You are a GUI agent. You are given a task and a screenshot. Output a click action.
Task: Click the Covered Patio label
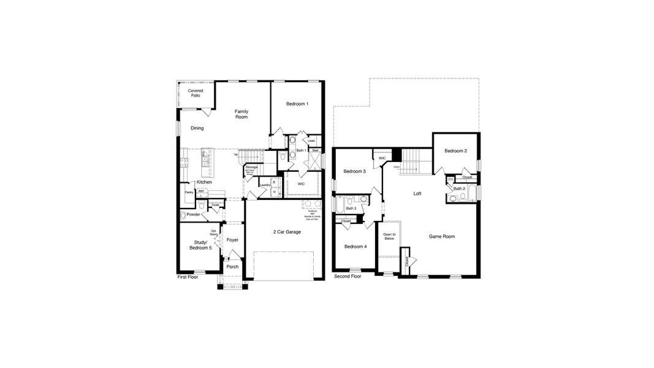pos(196,93)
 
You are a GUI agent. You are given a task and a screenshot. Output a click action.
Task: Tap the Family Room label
pos(241,114)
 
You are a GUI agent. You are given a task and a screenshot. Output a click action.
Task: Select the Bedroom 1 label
pos(297,104)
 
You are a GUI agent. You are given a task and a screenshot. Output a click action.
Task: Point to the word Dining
pos(197,128)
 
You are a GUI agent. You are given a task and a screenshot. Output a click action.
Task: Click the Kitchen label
pos(204,182)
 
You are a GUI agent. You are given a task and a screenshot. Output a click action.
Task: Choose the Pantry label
pos(189,193)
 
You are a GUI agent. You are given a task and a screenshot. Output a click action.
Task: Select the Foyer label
pos(232,240)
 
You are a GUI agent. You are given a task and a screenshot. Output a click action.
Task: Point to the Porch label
pos(232,267)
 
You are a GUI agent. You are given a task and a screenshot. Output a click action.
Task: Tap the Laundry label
pos(265,185)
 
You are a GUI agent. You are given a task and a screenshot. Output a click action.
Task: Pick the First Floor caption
pos(188,277)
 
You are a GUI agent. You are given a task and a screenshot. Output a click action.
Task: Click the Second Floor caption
pos(348,277)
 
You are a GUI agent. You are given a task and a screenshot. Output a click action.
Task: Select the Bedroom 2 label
pos(456,151)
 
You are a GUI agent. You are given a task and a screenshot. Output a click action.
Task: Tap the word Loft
pos(417,193)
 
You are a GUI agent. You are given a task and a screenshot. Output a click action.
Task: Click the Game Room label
pos(442,236)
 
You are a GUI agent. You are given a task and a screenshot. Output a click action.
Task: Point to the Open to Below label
pos(389,237)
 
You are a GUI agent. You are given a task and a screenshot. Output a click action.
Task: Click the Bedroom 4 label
pos(356,247)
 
